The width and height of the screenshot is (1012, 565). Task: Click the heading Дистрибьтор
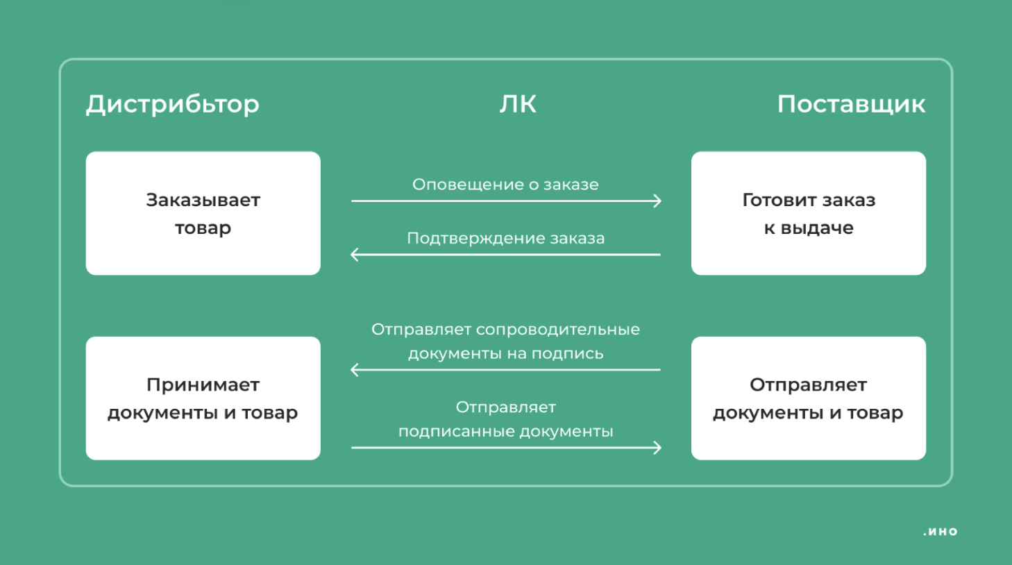(173, 104)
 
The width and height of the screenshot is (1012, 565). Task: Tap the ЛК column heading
(518, 104)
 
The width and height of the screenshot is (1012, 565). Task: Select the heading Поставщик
(851, 104)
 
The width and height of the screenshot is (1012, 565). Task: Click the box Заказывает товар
(203, 213)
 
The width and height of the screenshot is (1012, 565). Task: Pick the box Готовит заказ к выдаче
(808, 213)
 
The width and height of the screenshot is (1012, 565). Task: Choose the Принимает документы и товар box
(203, 398)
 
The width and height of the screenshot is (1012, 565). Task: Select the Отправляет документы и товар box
(808, 398)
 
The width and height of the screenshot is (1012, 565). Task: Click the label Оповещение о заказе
(505, 185)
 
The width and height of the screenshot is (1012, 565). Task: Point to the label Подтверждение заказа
(505, 239)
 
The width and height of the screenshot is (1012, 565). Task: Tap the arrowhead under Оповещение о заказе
(657, 201)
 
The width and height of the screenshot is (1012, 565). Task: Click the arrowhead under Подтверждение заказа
(355, 255)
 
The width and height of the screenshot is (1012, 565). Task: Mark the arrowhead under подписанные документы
(657, 448)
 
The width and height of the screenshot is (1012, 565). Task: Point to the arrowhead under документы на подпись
(355, 370)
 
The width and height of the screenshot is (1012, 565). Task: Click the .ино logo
(941, 532)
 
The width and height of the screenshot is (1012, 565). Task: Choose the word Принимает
(203, 385)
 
